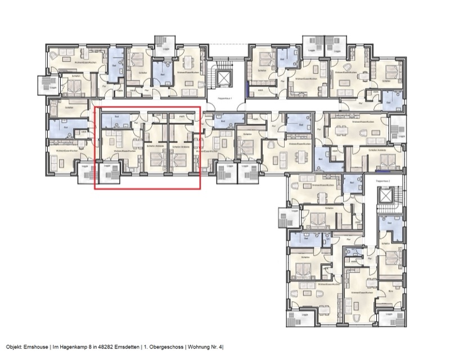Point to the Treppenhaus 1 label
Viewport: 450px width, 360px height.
(x=224, y=97)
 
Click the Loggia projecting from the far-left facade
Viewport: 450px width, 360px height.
(x=47, y=84)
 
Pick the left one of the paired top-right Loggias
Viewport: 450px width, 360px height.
(x=313, y=44)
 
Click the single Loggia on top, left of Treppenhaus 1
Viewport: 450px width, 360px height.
(x=166, y=44)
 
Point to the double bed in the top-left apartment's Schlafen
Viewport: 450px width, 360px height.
(x=72, y=86)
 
